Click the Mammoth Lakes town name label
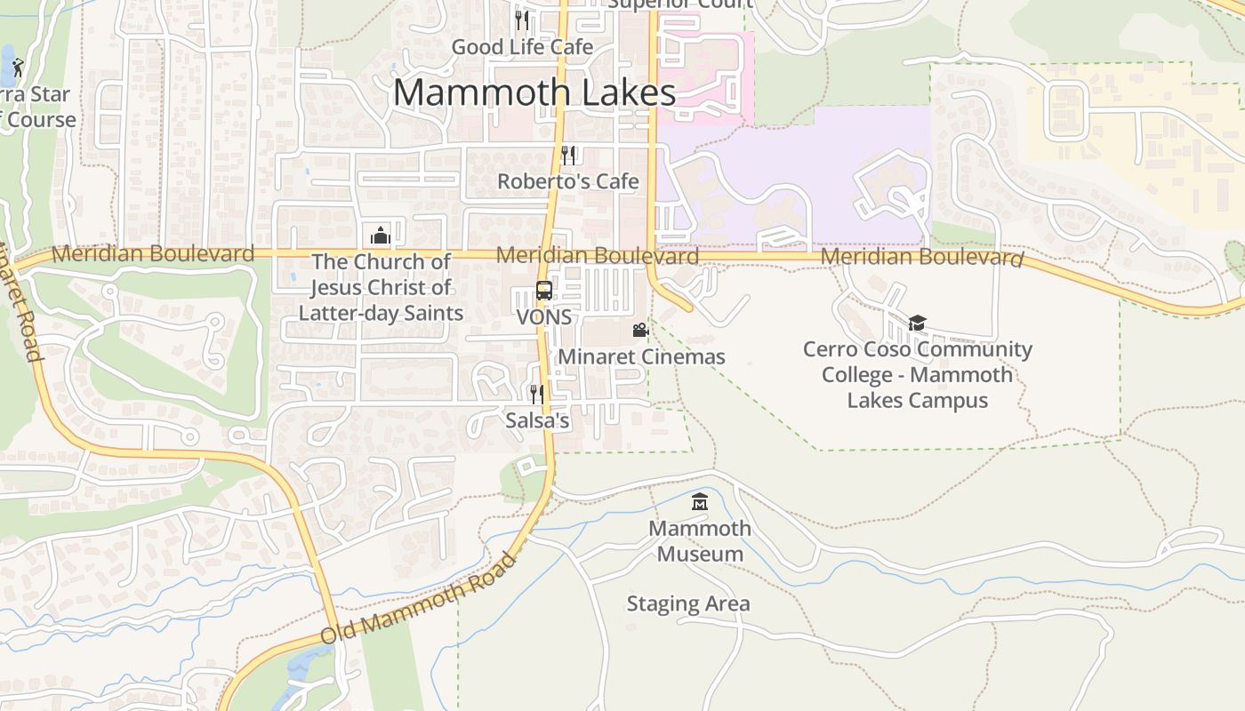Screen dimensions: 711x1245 534,92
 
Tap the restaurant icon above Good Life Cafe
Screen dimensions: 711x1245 522,19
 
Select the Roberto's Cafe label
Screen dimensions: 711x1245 567,181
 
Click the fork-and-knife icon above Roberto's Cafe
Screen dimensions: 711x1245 568,155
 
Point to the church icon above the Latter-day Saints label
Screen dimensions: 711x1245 381,236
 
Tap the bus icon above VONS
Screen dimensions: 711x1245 543,291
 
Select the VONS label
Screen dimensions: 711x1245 543,317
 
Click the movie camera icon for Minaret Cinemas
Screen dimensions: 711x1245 640,331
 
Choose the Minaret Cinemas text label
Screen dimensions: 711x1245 641,357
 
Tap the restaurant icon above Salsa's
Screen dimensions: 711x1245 536,394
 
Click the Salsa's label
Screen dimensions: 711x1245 537,420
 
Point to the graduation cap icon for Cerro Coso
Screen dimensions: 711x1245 917,323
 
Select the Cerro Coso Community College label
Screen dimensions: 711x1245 917,374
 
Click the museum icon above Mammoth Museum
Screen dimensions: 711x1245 700,502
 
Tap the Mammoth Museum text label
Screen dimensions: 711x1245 700,540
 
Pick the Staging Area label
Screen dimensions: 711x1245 687,604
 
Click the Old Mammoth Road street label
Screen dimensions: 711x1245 418,599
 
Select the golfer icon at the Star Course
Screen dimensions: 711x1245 17,67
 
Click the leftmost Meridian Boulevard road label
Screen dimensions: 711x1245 152,253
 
